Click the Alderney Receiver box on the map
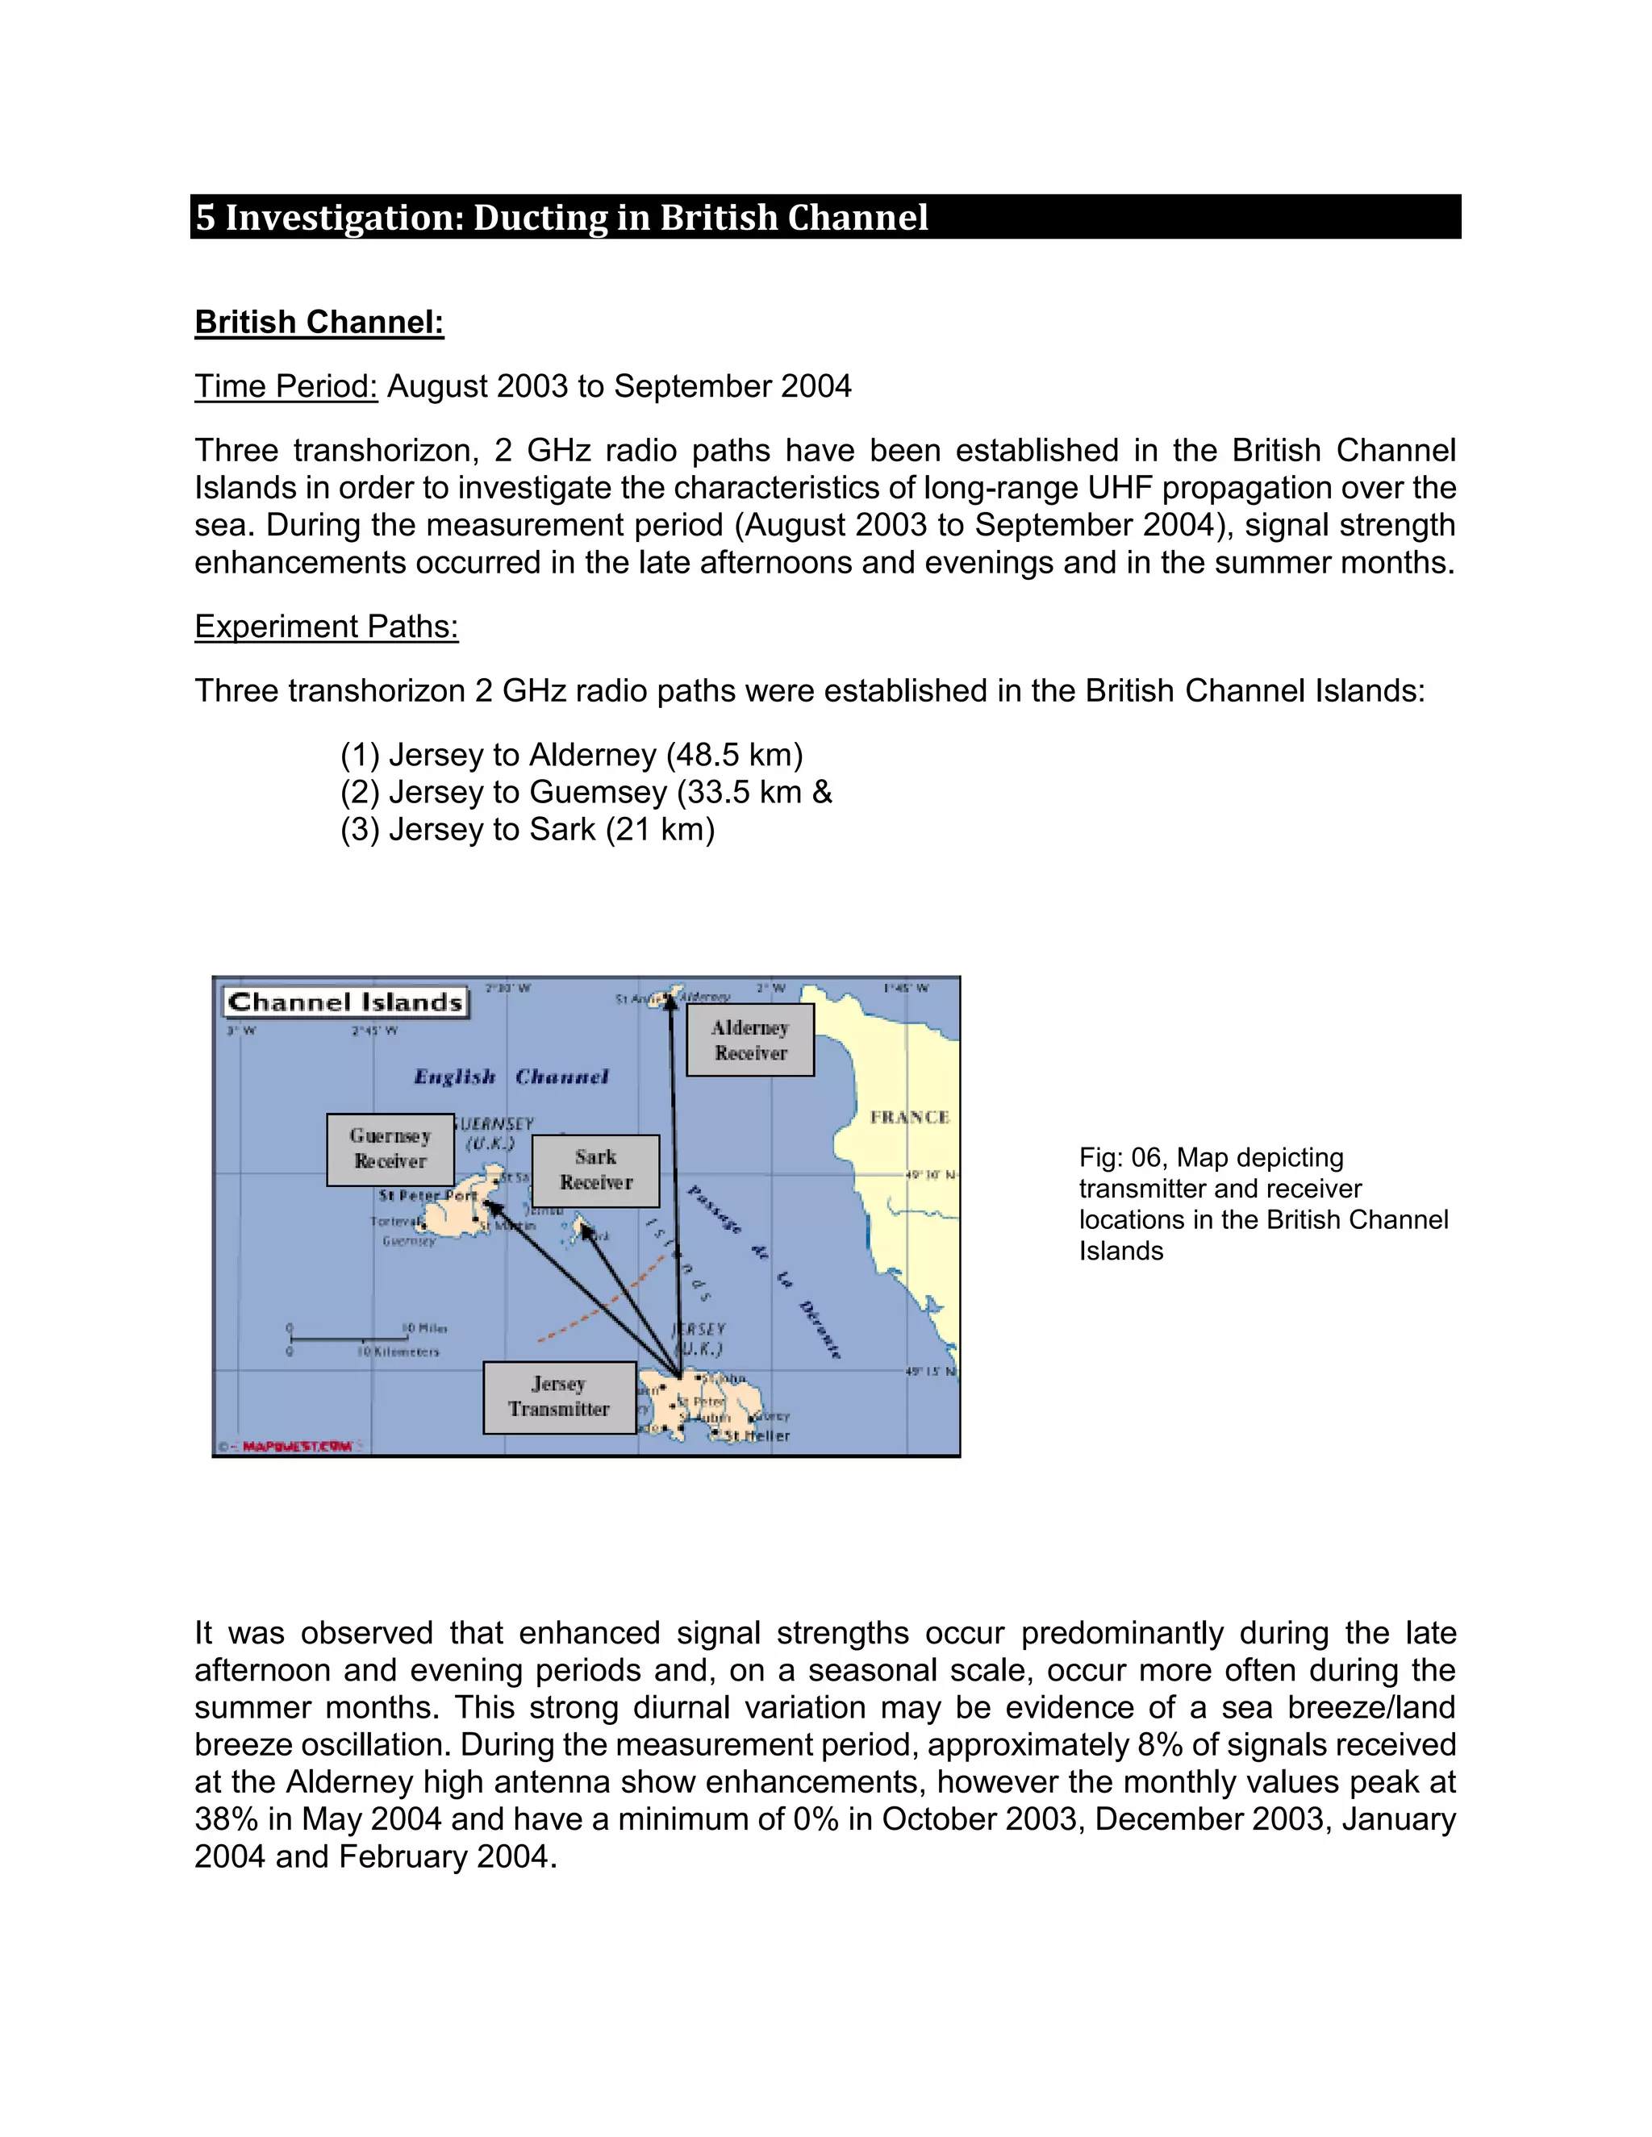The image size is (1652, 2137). [x=749, y=1040]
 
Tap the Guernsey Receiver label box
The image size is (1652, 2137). [x=390, y=1148]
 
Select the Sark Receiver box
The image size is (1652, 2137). [x=595, y=1170]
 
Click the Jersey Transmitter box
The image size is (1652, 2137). [x=559, y=1396]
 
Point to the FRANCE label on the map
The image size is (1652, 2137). [x=909, y=1118]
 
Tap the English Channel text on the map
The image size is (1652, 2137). [x=511, y=1077]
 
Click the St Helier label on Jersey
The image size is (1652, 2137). [x=757, y=1435]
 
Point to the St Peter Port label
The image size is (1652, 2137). [x=428, y=1196]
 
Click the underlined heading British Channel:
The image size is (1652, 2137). [x=319, y=322]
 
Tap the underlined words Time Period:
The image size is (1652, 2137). [x=286, y=386]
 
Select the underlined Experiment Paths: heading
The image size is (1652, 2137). [x=326, y=627]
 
